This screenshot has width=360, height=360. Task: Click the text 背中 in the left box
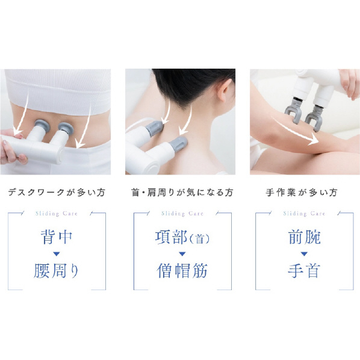click(x=57, y=237)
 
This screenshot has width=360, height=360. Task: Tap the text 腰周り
click(x=57, y=271)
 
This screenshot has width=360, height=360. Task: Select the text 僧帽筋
click(x=182, y=271)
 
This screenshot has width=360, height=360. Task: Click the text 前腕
click(x=304, y=237)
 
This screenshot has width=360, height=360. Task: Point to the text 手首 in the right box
click(x=304, y=271)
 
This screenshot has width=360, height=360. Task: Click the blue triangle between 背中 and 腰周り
click(x=57, y=254)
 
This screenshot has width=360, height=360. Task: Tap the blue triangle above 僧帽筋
click(x=182, y=254)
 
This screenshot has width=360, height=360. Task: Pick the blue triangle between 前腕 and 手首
click(x=304, y=254)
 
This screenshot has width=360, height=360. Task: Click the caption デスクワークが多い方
click(x=57, y=193)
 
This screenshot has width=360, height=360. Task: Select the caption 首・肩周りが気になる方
click(x=182, y=193)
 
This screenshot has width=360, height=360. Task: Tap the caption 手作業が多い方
click(x=302, y=193)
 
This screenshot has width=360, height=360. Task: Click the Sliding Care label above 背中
click(x=57, y=214)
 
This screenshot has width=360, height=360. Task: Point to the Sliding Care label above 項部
click(x=182, y=214)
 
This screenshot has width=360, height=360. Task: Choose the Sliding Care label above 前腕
click(x=304, y=214)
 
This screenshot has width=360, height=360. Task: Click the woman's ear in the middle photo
click(x=225, y=91)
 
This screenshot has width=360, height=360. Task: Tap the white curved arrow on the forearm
click(x=294, y=131)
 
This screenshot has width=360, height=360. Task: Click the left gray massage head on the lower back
click(x=41, y=125)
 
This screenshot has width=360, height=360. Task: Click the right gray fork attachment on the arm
click(x=313, y=119)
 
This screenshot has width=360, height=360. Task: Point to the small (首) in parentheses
click(x=199, y=239)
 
